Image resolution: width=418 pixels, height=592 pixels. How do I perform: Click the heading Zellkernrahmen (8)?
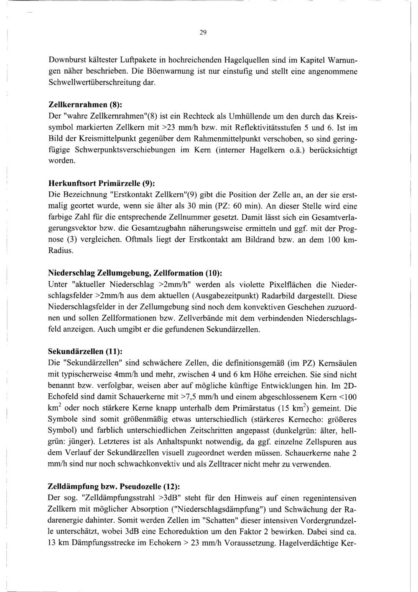85,104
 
